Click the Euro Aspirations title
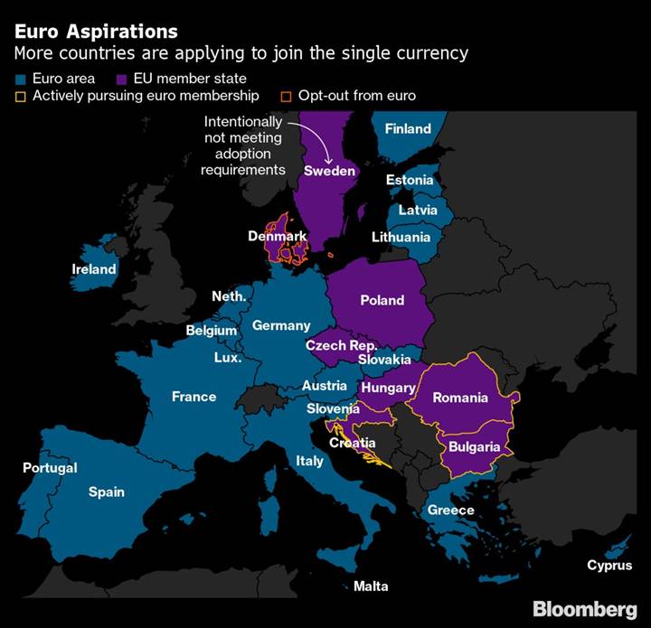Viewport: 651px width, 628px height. (96, 33)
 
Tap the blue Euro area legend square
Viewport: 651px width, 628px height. (21, 79)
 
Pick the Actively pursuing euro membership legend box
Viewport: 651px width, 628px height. (21, 96)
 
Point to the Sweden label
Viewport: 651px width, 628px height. (329, 171)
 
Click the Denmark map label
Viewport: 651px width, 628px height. (278, 236)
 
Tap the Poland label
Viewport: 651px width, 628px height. (382, 300)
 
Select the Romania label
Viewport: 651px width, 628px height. (460, 398)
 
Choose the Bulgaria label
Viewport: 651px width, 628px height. (474, 446)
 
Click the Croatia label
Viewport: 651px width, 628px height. (353, 443)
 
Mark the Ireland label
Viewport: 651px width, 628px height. (94, 269)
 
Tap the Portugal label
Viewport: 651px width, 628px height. (50, 468)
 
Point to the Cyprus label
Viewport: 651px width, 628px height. (609, 566)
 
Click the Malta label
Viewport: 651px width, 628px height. (371, 586)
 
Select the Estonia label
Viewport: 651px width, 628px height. (410, 180)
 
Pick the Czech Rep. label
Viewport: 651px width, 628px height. (341, 346)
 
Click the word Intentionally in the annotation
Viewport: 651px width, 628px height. (242, 121)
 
